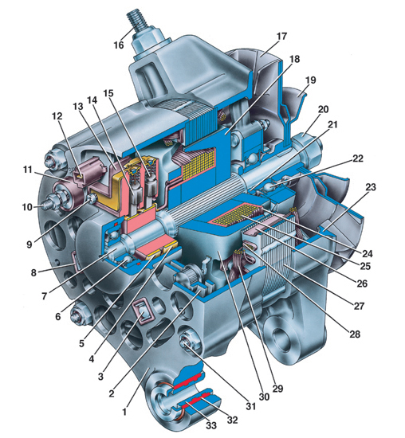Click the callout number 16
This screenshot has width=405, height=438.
click(119, 45)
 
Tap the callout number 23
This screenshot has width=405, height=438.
click(371, 187)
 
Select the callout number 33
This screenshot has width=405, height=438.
click(211, 425)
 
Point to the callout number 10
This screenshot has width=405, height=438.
click(28, 207)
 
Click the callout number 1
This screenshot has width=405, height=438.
click(124, 412)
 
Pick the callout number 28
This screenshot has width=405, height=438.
click(355, 334)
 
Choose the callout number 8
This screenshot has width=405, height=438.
click(33, 272)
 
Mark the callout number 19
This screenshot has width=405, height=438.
click(310, 80)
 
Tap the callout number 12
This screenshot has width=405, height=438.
click(57, 116)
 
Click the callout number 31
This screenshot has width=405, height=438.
click(251, 406)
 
